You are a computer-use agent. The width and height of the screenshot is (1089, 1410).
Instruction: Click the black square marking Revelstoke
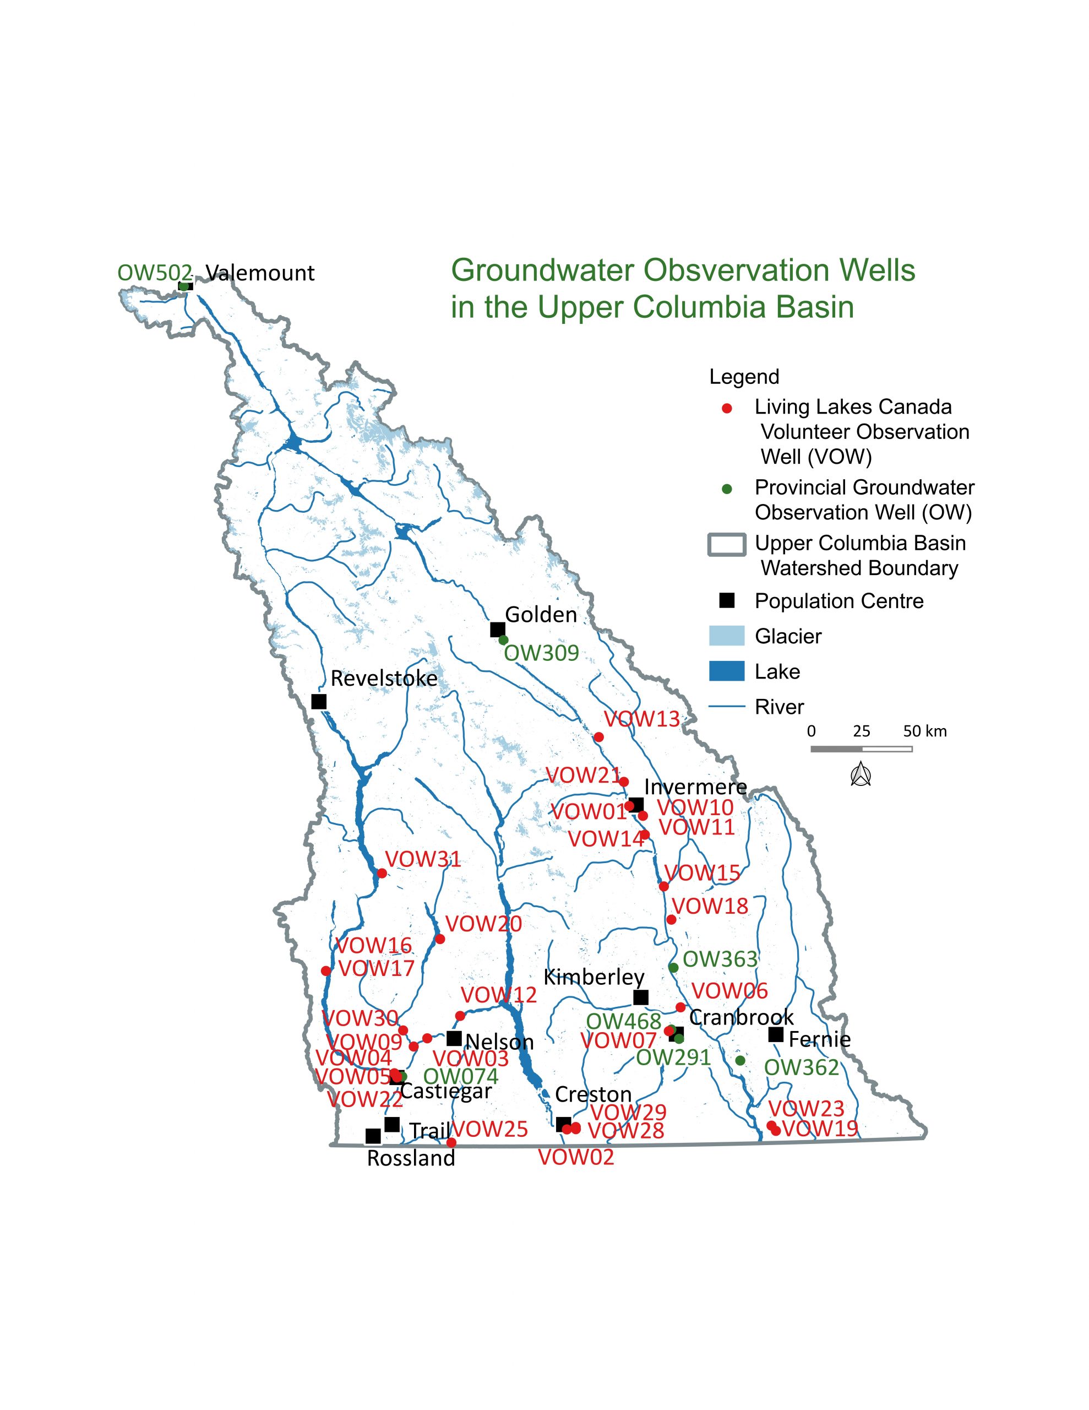[318, 701]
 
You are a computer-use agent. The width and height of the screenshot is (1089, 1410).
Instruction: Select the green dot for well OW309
[503, 640]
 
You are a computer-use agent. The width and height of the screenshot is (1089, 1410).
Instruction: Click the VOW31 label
[423, 859]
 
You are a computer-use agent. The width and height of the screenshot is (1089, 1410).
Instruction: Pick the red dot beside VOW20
[439, 939]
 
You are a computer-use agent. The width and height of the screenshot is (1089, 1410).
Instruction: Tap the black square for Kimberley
[640, 997]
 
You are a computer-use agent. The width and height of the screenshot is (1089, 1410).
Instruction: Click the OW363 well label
[720, 959]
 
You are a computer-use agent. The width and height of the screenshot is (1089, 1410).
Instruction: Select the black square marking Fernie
[775, 1035]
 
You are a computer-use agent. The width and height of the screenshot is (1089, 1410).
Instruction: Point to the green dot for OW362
[740, 1060]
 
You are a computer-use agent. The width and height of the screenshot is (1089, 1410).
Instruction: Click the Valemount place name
[260, 273]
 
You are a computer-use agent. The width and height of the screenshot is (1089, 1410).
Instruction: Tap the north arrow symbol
[861, 774]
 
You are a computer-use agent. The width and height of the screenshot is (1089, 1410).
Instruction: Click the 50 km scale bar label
[924, 731]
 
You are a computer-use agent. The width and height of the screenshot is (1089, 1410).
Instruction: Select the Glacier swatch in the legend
[726, 636]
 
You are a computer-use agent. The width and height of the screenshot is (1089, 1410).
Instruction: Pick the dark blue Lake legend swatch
[726, 671]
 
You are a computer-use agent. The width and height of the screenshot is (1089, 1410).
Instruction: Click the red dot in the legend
[727, 409]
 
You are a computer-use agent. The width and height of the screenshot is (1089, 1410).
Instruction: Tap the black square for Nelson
[454, 1038]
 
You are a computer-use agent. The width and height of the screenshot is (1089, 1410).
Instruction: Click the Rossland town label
[411, 1158]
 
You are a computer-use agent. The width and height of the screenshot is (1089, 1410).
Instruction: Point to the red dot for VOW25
[451, 1142]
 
